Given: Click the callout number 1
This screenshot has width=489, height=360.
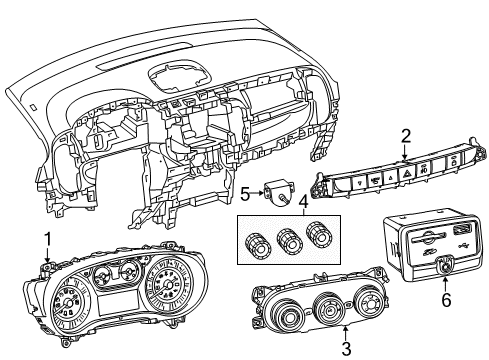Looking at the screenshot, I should tap(45, 238).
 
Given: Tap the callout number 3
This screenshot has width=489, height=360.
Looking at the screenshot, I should tap(345, 348).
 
